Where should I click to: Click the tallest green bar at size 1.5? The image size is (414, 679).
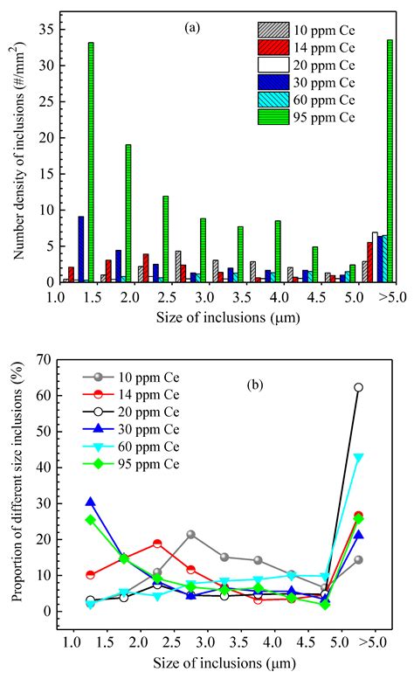coord(91,163)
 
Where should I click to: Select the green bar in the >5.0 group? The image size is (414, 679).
coord(390,161)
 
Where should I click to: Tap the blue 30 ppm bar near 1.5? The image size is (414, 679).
coord(81,249)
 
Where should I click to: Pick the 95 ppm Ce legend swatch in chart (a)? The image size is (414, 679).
coord(273,117)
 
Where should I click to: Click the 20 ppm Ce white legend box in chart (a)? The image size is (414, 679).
coord(273,65)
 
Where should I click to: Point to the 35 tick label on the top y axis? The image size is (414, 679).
coord(45,30)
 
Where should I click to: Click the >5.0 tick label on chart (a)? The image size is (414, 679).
coord(392,297)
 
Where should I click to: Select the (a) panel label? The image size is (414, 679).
coord(192,28)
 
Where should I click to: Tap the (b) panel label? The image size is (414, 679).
coord(255,385)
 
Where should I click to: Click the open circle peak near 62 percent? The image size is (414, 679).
coord(358,387)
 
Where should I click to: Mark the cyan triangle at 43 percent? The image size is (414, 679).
coord(358,458)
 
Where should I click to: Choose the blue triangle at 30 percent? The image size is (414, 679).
coord(90,502)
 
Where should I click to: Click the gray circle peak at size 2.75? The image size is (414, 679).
coord(190,534)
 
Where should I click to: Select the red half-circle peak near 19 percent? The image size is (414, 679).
coord(157,543)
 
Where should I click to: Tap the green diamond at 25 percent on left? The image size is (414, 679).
coord(90,520)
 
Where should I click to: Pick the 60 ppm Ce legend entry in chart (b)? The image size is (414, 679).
coord(131,447)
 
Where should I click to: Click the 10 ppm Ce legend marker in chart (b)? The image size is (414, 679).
coord(98,378)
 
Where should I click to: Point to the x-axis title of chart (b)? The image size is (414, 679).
coord(224,663)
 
